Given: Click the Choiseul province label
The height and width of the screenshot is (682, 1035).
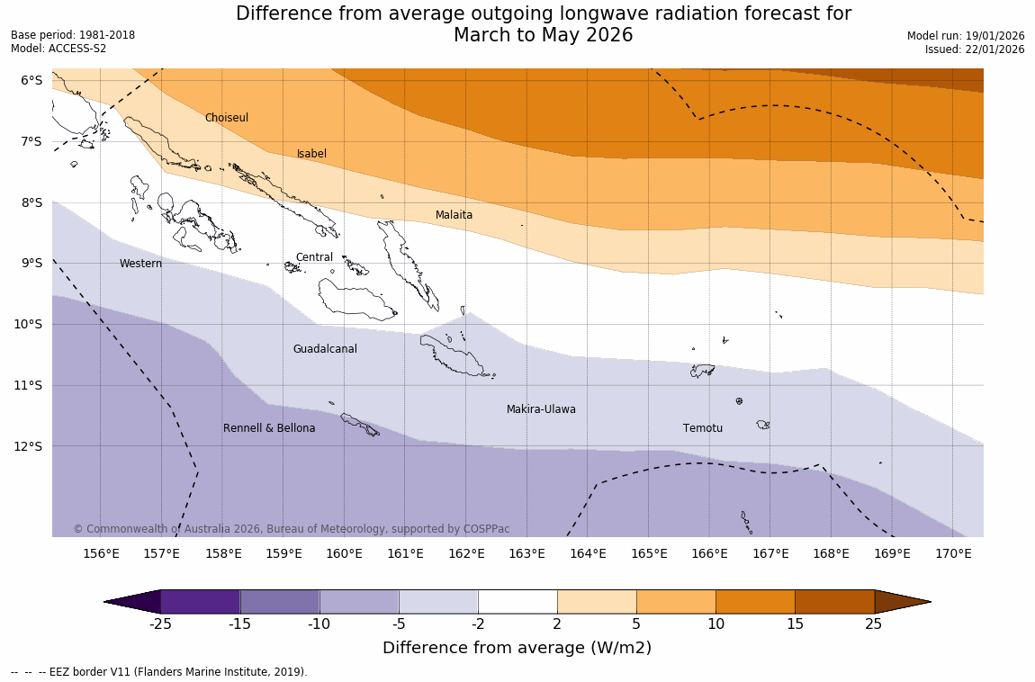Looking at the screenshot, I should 226,118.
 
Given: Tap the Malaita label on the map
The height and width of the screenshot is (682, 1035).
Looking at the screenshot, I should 454,215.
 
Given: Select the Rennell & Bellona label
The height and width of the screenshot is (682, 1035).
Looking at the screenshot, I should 269,428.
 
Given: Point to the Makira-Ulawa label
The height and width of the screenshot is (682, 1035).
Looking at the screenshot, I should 541,409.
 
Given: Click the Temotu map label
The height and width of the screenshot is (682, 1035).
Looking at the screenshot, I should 702,428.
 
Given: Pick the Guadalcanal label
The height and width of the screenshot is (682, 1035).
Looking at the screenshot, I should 325,349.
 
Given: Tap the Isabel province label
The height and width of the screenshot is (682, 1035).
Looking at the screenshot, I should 311,154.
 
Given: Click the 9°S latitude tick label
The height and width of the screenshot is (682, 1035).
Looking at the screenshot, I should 31,263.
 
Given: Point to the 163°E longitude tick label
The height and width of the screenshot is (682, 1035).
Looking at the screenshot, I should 526,553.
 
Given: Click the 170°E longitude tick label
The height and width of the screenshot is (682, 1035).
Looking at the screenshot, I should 953,553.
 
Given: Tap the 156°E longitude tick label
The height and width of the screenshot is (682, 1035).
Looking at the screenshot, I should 101,553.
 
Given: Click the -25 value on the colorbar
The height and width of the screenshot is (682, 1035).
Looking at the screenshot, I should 161,624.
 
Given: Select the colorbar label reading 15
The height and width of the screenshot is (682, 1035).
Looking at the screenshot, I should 795,624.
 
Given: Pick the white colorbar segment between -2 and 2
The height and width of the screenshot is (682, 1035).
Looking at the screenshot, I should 517,601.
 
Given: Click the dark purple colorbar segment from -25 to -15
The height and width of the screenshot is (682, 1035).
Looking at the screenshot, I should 201,601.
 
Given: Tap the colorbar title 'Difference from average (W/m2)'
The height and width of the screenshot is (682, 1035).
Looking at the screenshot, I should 517,648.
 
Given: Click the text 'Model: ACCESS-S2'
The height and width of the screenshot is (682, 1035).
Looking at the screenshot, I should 58,49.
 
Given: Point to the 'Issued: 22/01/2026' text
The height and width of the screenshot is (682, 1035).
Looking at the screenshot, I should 975,49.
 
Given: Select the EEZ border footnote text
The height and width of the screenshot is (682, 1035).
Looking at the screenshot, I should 159,672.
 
